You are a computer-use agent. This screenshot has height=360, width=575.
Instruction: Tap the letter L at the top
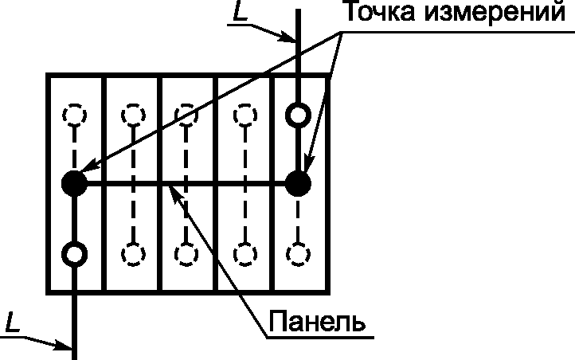coord(239,12)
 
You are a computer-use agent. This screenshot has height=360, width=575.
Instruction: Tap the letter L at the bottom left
coord(11,322)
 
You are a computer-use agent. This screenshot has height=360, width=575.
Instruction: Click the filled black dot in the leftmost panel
coord(74,184)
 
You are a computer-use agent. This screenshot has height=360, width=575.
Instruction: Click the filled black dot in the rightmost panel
coord(299,184)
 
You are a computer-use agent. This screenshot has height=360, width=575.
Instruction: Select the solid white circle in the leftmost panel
coord(74,254)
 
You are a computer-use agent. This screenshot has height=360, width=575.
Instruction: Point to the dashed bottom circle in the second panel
coord(131,254)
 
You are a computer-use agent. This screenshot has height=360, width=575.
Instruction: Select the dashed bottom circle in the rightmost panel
coord(299,254)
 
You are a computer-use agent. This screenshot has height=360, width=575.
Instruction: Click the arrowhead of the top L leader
coord(289,37)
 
